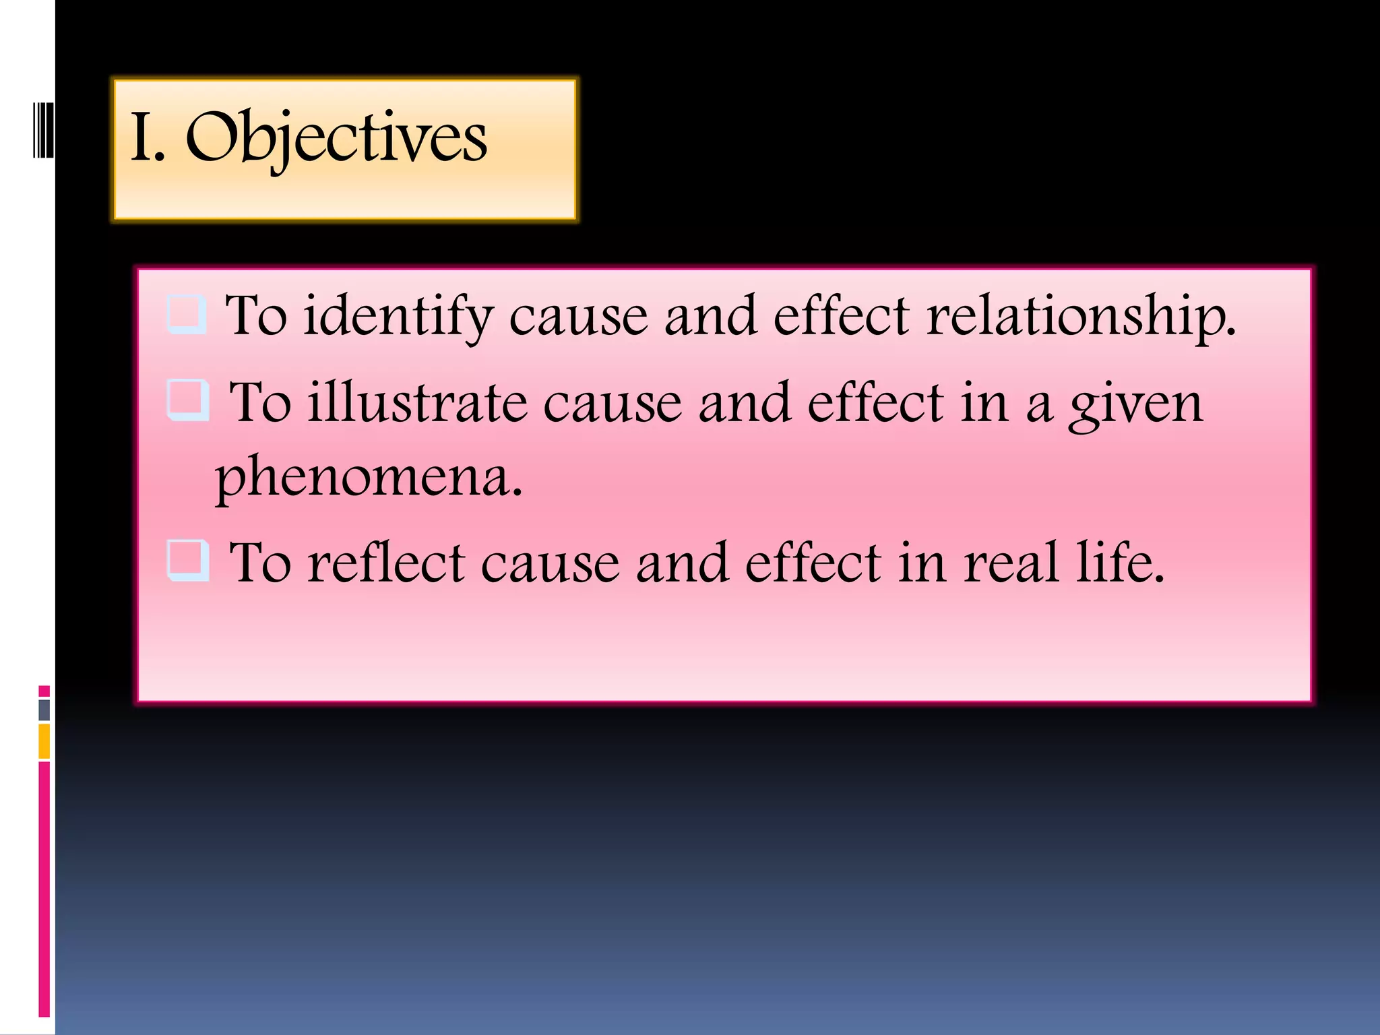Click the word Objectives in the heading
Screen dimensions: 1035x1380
336,138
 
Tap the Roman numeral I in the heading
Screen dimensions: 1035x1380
142,138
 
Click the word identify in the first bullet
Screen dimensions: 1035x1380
398,317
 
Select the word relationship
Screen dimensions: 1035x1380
1081,317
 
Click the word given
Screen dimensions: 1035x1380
1135,404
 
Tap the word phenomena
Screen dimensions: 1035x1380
368,477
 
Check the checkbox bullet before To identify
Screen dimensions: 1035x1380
186,314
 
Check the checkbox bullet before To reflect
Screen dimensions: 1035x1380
187,560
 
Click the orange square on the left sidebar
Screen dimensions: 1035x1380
44,741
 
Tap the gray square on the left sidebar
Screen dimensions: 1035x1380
44,710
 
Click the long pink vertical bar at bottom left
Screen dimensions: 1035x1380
44,889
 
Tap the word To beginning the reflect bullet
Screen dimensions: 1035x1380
260,563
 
